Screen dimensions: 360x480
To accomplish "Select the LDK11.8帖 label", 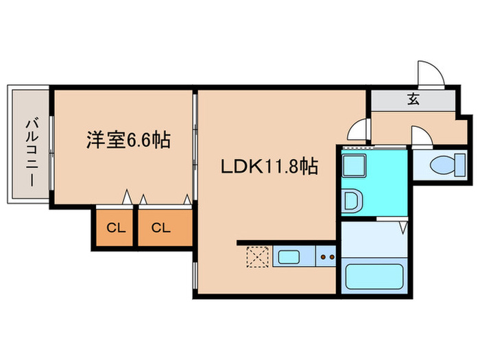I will pos(268,166).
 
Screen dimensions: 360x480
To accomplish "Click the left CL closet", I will pos(115,228).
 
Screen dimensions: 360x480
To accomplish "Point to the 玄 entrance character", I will pos(413,99).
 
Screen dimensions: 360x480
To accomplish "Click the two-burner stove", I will pos(326,259).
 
